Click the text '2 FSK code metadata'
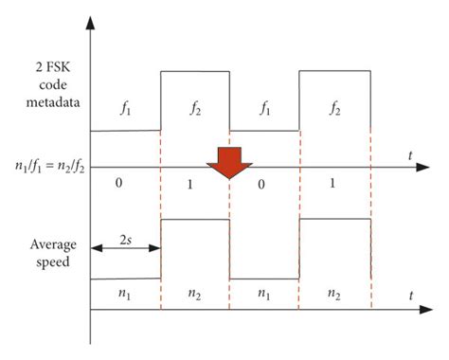[45, 88]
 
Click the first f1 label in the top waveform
[126, 108]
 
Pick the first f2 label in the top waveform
[195, 108]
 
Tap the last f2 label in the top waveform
[333, 108]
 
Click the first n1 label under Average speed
[126, 295]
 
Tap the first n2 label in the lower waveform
[195, 295]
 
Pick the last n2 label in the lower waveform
[333, 295]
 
